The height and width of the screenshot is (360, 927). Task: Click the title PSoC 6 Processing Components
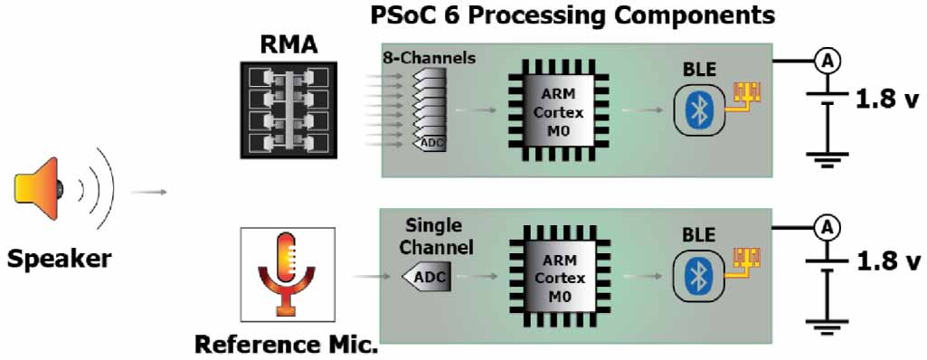[x=573, y=15]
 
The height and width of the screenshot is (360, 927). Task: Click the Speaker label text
[x=60, y=259]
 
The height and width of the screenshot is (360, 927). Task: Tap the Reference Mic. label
[x=287, y=345]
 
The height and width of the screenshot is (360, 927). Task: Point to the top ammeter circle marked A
[x=825, y=61]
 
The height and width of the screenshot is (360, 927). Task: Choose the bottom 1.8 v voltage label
[x=886, y=262]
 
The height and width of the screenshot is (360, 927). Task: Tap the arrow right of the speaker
[x=148, y=192]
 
